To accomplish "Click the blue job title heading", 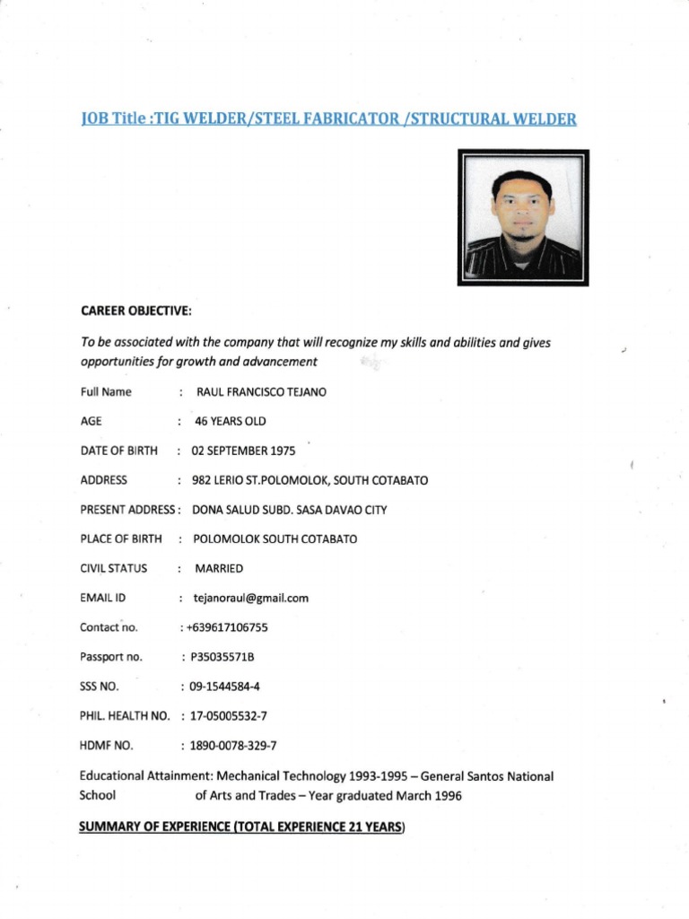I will tap(328, 118).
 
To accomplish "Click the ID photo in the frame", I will tap(523, 217).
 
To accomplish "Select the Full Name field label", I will tap(106, 392).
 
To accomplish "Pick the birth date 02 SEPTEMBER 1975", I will tap(244, 451).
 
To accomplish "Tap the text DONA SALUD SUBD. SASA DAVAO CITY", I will tap(290, 509).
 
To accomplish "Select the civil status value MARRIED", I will tap(219, 568).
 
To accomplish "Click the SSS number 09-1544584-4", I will tap(225, 687).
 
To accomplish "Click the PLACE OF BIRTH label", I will tap(121, 538).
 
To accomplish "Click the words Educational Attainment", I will tap(136, 775).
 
